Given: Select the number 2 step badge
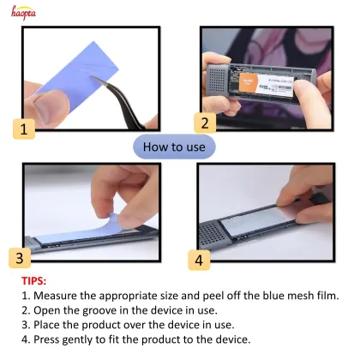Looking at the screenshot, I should [203, 123].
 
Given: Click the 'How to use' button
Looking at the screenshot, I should [174, 147].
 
